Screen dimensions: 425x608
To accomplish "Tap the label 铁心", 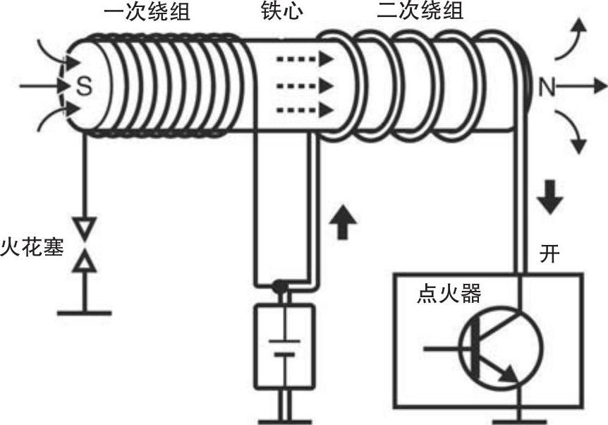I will pyautogui.click(x=281, y=12).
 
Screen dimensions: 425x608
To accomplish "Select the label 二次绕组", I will pyautogui.click(x=420, y=12).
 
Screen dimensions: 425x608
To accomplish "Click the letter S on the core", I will pyautogui.click(x=84, y=86).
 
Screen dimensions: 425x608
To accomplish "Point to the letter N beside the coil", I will pyautogui.click(x=547, y=87).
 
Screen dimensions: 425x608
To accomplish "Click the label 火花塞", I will pyautogui.click(x=31, y=249).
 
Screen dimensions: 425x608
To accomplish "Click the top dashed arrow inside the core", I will pyautogui.click(x=304, y=60).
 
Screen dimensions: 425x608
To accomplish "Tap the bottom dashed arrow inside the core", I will pyautogui.click(x=304, y=109).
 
